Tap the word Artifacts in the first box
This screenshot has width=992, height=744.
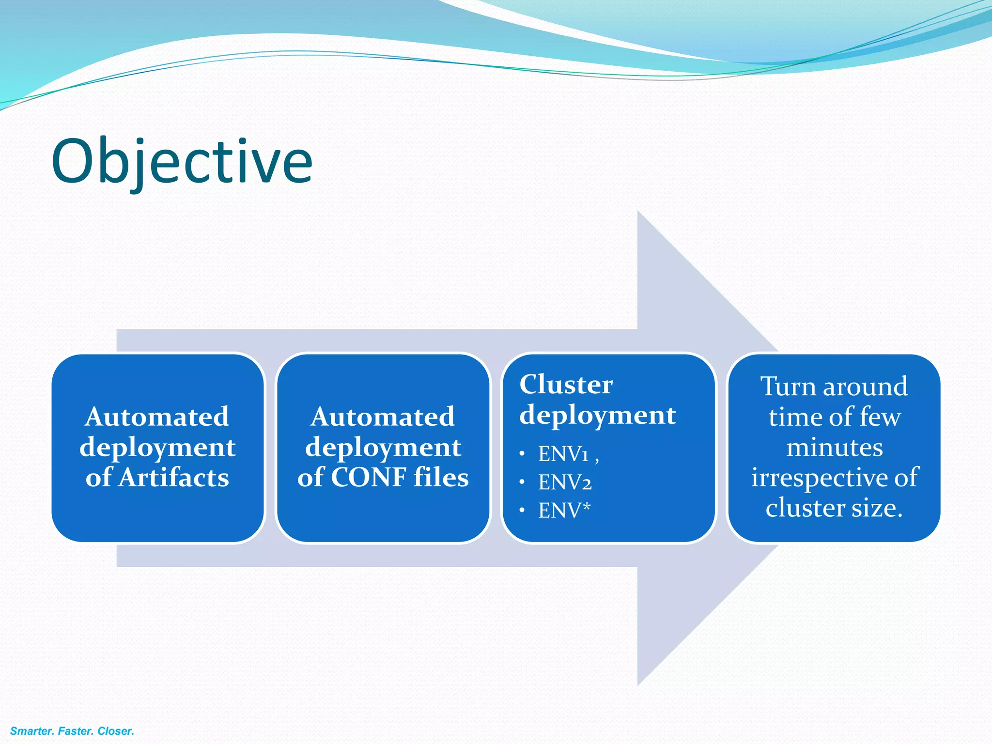(174, 478)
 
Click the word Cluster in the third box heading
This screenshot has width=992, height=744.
(566, 385)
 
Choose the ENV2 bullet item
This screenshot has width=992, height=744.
(565, 482)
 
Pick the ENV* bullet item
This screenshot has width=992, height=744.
(564, 511)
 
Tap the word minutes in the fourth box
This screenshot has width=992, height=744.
(834, 447)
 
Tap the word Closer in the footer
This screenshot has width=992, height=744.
(116, 731)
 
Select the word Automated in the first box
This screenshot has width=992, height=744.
(157, 417)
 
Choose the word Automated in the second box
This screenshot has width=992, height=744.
(383, 417)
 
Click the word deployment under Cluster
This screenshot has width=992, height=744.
(597, 416)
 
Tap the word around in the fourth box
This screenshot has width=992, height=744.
(865, 387)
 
